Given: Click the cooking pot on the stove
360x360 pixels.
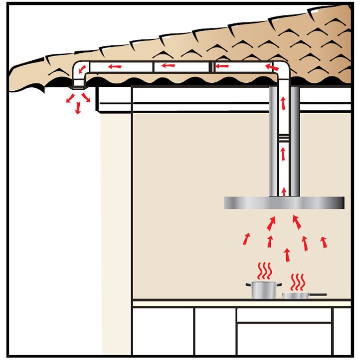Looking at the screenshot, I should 263,290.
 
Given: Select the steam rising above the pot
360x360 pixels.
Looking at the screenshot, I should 264,271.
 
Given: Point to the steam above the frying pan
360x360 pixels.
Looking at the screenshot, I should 298,282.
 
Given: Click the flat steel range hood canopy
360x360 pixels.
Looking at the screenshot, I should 284,203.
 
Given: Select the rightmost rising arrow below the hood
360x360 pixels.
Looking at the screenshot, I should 324,242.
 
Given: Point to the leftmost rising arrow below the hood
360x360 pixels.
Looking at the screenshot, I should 246,239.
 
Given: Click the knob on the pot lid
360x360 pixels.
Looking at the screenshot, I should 263,281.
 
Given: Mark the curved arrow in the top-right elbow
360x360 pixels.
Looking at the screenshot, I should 272,66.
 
